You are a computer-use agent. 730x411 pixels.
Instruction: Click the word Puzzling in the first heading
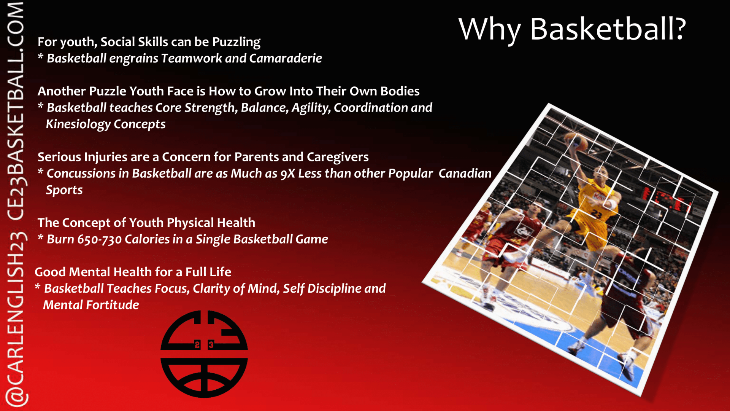coord(236,42)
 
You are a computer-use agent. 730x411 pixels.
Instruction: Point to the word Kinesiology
coord(78,124)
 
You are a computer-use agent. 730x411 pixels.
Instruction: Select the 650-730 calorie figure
coord(100,239)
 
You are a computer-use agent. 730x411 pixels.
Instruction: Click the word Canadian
coord(465,174)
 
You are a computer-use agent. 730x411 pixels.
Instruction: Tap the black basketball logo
coord(204,354)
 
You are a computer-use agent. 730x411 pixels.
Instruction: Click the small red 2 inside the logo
coord(197,345)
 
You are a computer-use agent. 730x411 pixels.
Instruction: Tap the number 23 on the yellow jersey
coord(597,214)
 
